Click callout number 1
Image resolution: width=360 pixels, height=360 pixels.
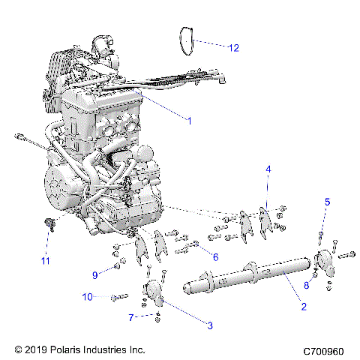click(189, 120)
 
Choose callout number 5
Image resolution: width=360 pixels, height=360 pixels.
click(327, 202)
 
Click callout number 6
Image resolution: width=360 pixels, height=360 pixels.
click(216, 257)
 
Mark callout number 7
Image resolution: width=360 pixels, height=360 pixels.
click(132, 318)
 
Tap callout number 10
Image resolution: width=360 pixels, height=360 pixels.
click(88, 298)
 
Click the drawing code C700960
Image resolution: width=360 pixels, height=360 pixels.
click(324, 350)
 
